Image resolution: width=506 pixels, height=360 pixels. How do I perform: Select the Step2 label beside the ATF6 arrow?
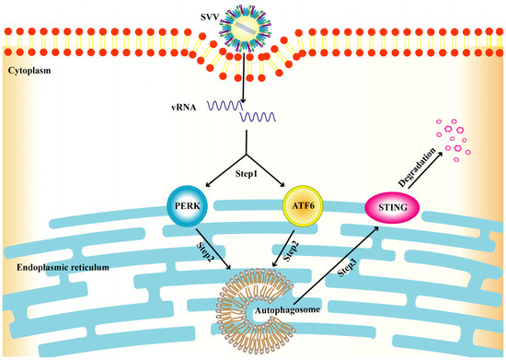(289, 251)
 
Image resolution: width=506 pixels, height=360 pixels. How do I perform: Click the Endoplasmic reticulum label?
(57, 268)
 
